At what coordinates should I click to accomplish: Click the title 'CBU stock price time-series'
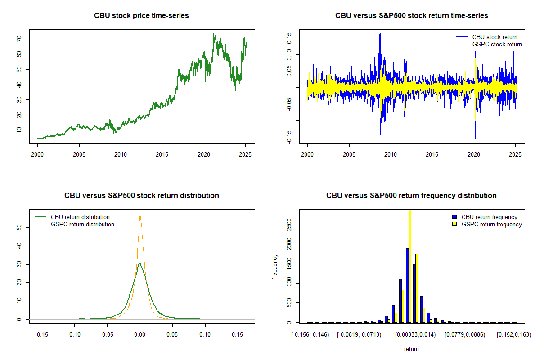[141, 15]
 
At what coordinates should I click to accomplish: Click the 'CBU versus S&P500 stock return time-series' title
[411, 15]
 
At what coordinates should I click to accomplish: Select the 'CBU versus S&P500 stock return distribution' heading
[141, 195]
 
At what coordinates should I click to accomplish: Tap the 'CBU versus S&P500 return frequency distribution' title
[411, 195]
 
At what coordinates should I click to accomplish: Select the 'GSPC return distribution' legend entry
[82, 224]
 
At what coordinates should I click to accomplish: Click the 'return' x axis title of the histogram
[411, 349]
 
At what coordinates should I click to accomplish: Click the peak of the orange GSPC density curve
[140, 216]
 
